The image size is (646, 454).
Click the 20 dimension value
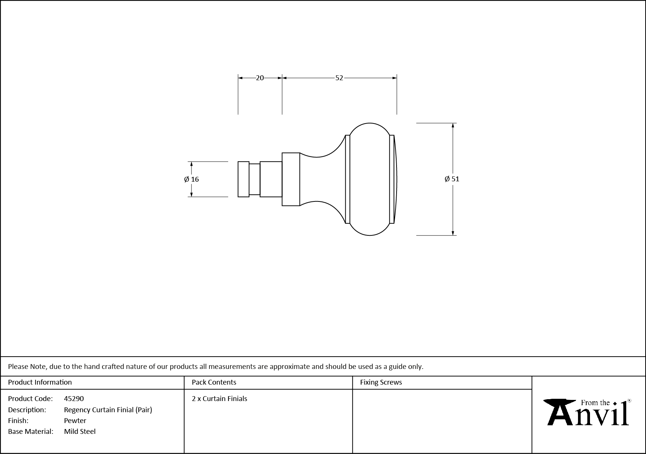pos(260,78)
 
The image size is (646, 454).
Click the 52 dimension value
pos(339,78)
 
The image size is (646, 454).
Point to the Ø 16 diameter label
pos(192,179)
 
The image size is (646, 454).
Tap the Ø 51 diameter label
pos(452,179)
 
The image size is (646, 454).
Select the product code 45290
pos(74,398)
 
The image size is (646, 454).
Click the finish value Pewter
pos(75,420)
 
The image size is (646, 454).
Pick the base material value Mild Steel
pos(80,431)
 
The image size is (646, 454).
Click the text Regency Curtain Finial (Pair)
pos(108,410)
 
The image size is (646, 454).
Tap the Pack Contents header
pos(214,382)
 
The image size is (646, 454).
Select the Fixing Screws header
pos(381,382)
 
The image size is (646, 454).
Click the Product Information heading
pos(40,382)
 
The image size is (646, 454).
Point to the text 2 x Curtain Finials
pos(220,398)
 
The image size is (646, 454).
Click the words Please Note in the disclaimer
pos(27,366)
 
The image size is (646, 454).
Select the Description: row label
pos(27,410)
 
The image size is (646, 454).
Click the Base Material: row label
pos(31,431)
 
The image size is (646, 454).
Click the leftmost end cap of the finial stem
pos(243,179)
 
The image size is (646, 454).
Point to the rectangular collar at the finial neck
pos(291,179)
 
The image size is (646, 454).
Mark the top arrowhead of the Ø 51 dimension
pos(453,126)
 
